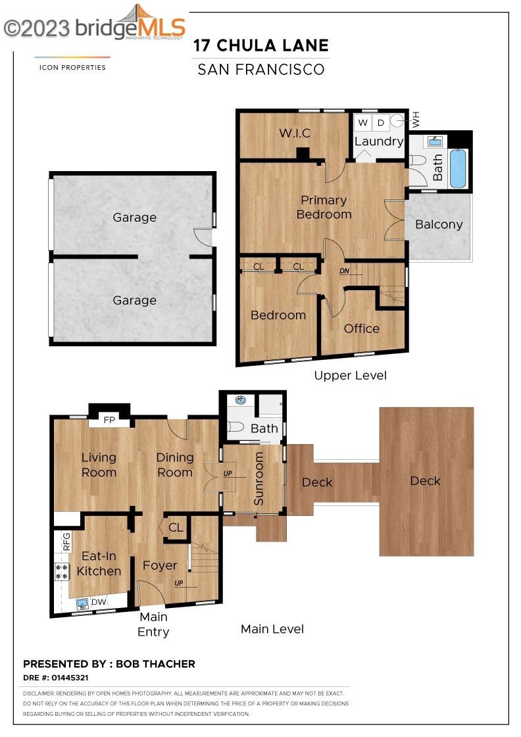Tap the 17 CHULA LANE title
tap(260, 45)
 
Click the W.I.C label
tap(295, 133)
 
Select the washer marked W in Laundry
tap(362, 122)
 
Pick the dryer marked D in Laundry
tap(381, 122)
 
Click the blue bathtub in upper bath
tap(458, 168)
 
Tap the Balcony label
tap(439, 224)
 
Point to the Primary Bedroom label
tap(324, 207)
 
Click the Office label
tap(361, 328)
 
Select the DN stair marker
tap(344, 271)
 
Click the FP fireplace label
tap(109, 420)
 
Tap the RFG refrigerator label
tap(66, 541)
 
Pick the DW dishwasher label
tap(99, 602)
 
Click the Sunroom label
tap(259, 479)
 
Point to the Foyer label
tap(160, 565)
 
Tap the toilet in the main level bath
tap(236, 427)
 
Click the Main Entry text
tap(153, 624)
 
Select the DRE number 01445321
tap(70, 678)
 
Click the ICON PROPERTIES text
tap(72, 68)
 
